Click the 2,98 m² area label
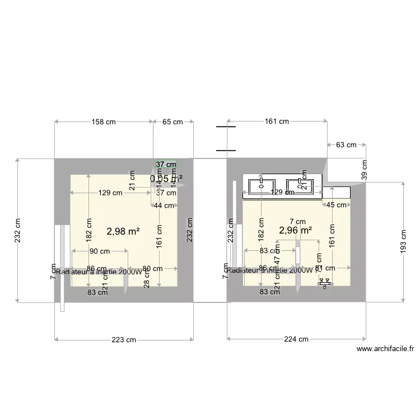(123, 231)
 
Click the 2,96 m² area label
(296, 230)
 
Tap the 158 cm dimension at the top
(103, 122)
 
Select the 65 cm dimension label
(173, 122)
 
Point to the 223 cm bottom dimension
(124, 339)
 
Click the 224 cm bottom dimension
(296, 339)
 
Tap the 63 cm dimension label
(346, 145)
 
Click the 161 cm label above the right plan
(277, 122)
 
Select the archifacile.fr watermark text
(385, 348)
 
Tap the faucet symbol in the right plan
(325, 283)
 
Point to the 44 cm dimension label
(164, 206)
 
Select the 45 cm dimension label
(336, 206)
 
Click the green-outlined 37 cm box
(166, 165)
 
